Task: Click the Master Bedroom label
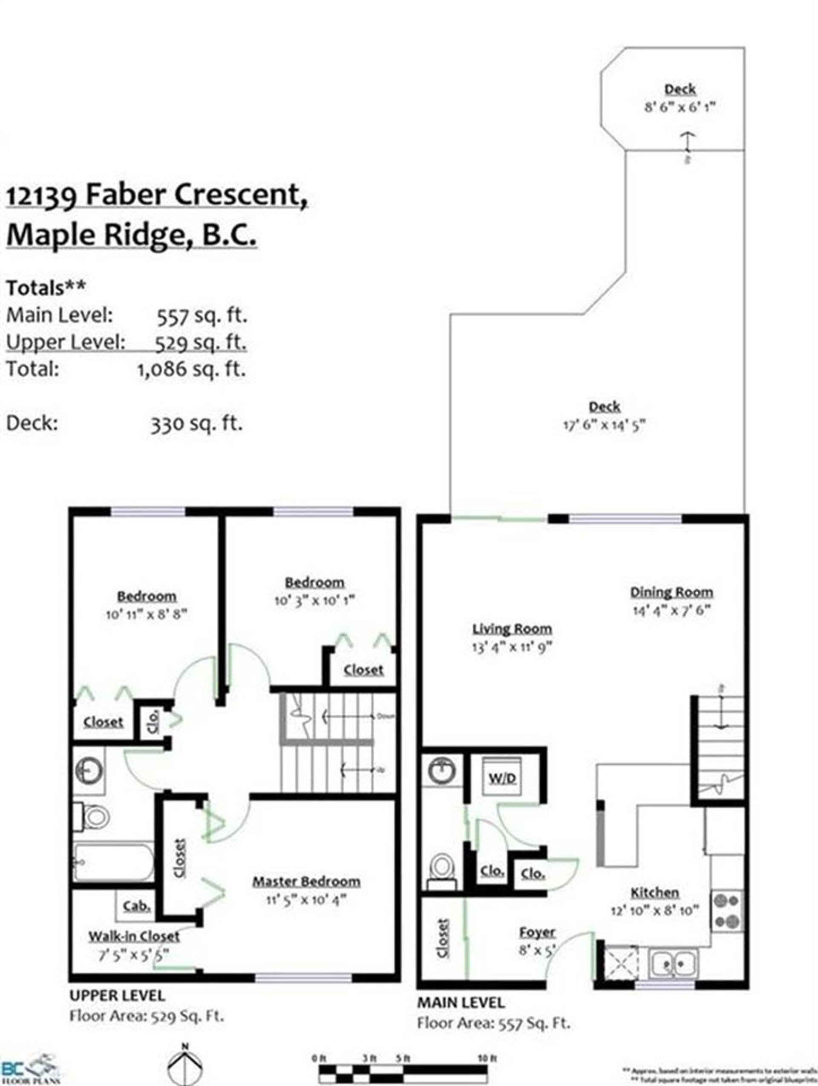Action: pyautogui.click(x=306, y=881)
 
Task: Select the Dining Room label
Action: pyautogui.click(x=671, y=592)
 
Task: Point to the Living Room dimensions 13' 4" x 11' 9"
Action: pyautogui.click(x=512, y=647)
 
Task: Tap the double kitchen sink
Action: pyautogui.click(x=673, y=963)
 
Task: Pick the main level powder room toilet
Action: pyautogui.click(x=441, y=870)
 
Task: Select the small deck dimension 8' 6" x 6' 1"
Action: pyautogui.click(x=680, y=107)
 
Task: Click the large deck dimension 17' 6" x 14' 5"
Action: pyautogui.click(x=604, y=425)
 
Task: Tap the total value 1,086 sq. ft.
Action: pyautogui.click(x=191, y=368)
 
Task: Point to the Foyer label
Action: pyautogui.click(x=537, y=932)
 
